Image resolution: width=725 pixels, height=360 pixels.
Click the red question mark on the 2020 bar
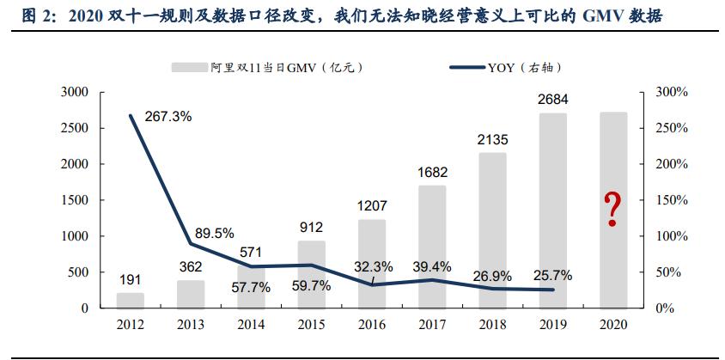tap(612, 210)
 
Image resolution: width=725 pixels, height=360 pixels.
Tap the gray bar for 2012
tap(131, 300)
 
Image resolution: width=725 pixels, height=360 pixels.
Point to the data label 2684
tap(552, 101)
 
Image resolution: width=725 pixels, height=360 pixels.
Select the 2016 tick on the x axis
tap(371, 326)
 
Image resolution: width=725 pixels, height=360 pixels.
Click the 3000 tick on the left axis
tap(76, 92)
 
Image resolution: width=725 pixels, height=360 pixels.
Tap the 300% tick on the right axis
tap(671, 92)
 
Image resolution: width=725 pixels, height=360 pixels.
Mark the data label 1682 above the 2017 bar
tap(432, 174)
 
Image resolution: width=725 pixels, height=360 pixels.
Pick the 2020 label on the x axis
tap(612, 326)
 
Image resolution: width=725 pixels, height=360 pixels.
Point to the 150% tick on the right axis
tap(671, 200)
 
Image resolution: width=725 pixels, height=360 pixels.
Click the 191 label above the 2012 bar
tap(131, 280)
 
